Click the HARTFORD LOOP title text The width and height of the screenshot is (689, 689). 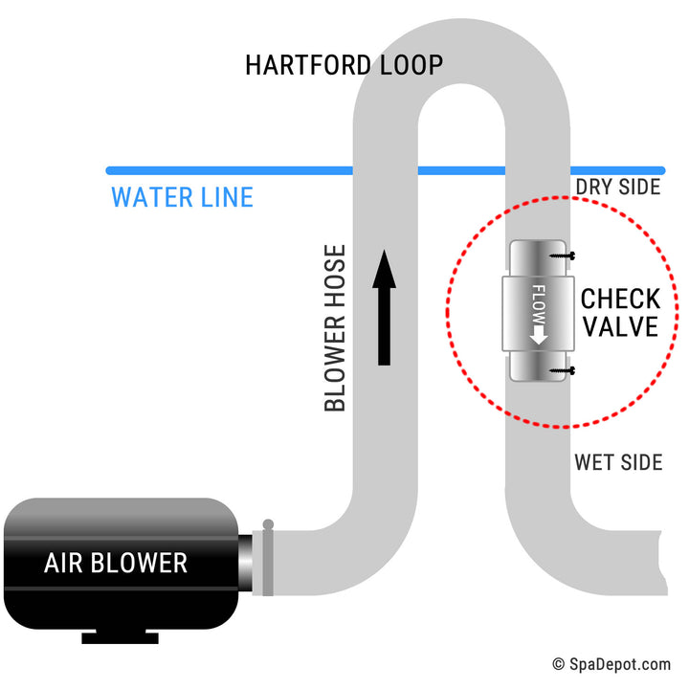344,65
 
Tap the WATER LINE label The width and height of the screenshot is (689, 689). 182,198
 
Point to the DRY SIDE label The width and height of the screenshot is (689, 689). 617,187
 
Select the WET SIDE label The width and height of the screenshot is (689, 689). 617,463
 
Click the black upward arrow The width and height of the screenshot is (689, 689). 384,307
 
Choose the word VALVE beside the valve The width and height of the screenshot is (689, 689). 621,327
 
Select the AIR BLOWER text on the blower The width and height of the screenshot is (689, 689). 116,563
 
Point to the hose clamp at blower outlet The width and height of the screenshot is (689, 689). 268,559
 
